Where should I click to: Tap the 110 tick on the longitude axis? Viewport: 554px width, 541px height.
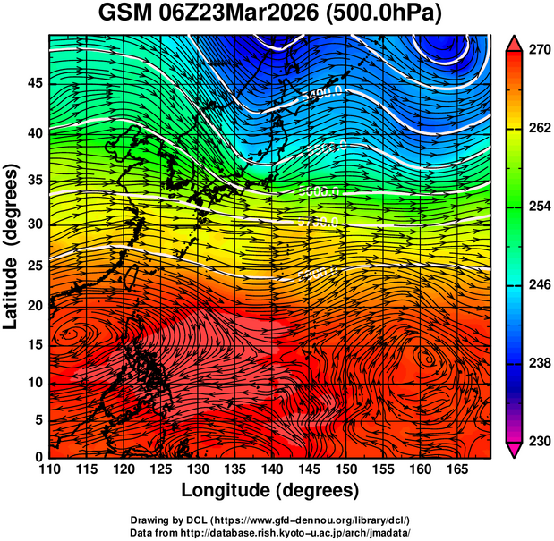(x=49, y=469)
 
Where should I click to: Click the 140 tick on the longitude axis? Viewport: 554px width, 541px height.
(x=270, y=469)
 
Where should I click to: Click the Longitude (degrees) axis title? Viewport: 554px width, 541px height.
(x=270, y=490)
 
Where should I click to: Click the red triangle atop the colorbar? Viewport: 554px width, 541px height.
(x=514, y=43)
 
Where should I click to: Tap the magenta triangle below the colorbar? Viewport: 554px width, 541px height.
(x=514, y=450)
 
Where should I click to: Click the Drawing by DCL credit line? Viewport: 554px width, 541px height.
(x=270, y=520)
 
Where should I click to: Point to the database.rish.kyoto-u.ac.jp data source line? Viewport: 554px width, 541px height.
(x=270, y=532)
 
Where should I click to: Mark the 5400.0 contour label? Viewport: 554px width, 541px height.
(x=320, y=93)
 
